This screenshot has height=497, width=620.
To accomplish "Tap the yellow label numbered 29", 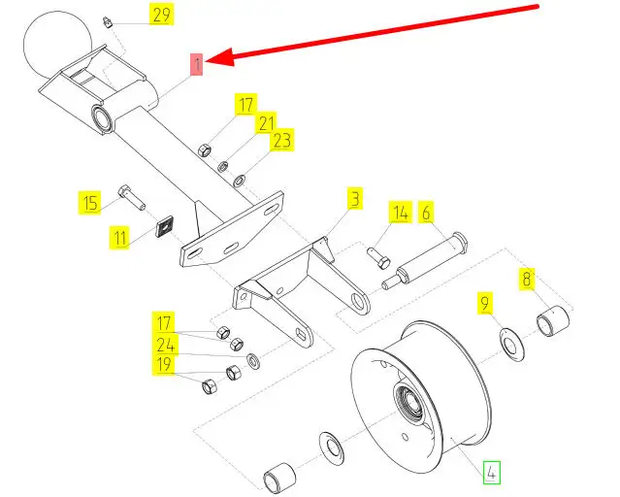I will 161,14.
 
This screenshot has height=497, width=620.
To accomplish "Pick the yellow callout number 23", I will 281,142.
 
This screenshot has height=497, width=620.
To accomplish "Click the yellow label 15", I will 90,203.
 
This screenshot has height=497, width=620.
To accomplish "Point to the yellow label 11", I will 118,237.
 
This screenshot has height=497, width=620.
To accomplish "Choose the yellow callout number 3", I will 355,199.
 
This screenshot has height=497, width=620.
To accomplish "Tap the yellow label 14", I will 401,212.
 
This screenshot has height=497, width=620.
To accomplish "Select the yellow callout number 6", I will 426,212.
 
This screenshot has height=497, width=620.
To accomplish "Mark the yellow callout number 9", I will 486,303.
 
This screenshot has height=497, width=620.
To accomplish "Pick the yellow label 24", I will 165,344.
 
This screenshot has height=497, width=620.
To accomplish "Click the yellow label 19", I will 165,365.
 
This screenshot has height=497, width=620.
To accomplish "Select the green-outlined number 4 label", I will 493,474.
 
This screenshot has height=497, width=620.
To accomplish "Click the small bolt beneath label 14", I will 378,257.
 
